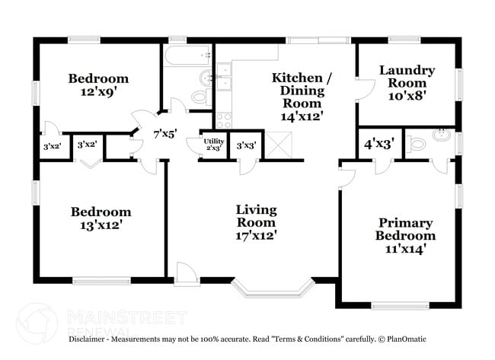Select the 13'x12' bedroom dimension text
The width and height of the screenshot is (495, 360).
click(101, 225)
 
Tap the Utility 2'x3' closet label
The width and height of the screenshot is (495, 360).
click(213, 144)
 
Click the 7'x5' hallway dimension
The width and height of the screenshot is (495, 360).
click(165, 134)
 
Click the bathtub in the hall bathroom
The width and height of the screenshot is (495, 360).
click(187, 56)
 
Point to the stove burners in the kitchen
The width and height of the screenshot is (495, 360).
click(224, 119)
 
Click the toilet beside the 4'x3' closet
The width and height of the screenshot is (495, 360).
click(420, 144)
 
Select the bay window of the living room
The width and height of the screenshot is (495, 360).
click(273, 289)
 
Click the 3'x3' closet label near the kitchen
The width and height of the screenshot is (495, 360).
click(245, 145)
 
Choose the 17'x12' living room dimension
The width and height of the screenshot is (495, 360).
click(256, 235)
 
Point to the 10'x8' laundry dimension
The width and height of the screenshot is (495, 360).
click(407, 97)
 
